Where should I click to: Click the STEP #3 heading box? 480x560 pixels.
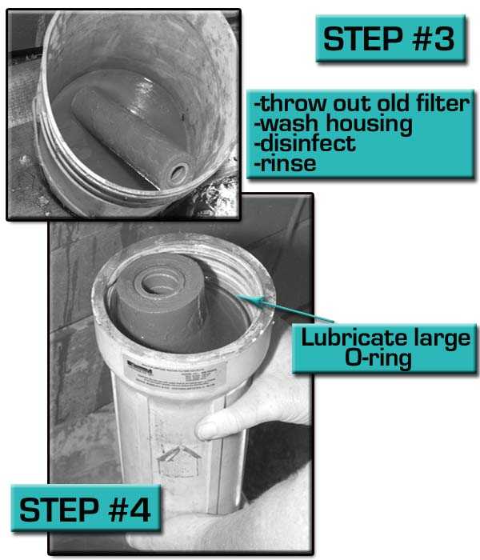[x=390, y=38]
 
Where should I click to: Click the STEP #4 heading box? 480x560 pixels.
[x=86, y=509]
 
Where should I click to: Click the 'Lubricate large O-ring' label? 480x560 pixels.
[x=384, y=347]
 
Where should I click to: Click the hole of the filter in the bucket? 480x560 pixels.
[x=178, y=171]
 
